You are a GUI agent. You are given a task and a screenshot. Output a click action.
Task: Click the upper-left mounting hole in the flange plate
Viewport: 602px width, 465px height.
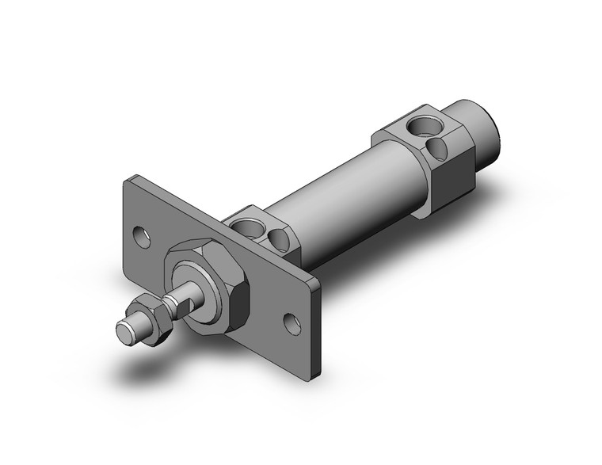pos(142,235)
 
